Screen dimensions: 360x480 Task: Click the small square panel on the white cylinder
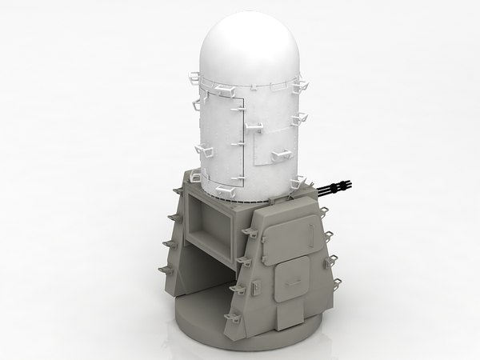click(272, 141)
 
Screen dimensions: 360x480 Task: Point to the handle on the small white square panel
click(258, 126)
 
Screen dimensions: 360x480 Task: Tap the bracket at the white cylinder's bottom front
click(226, 190)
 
